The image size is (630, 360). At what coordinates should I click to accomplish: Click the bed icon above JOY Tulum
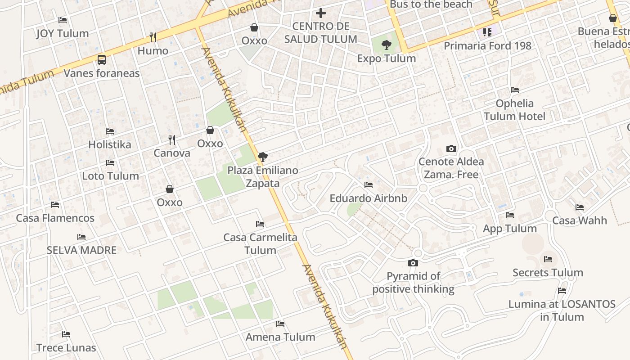(63, 20)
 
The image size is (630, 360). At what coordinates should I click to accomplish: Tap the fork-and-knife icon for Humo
(153, 37)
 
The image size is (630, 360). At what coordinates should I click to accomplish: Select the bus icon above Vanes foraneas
(102, 60)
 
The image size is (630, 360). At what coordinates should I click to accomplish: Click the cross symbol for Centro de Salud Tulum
(320, 13)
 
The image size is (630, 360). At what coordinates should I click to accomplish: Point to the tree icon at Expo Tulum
(386, 45)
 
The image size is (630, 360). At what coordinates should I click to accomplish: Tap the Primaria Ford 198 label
(487, 46)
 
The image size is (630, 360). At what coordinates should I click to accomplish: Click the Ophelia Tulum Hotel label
(514, 110)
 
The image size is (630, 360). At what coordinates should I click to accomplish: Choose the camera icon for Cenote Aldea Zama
(451, 148)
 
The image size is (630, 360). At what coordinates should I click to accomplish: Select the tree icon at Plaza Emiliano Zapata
(263, 157)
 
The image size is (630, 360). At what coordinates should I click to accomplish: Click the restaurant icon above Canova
(171, 139)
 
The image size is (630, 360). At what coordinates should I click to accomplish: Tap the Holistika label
(110, 144)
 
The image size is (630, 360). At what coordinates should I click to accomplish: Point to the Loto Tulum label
(110, 176)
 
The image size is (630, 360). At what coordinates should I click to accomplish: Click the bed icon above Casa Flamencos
(55, 205)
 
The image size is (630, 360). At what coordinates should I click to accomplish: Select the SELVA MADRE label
(81, 250)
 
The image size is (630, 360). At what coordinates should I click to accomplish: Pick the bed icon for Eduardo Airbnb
(369, 185)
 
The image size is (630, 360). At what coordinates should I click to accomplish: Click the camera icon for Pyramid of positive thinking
(413, 263)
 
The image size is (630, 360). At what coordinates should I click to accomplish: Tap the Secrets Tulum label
(548, 273)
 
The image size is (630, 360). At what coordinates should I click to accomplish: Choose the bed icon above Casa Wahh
(580, 207)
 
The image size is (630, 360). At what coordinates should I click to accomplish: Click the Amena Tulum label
(280, 337)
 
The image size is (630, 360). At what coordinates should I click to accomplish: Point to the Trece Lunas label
(66, 348)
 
